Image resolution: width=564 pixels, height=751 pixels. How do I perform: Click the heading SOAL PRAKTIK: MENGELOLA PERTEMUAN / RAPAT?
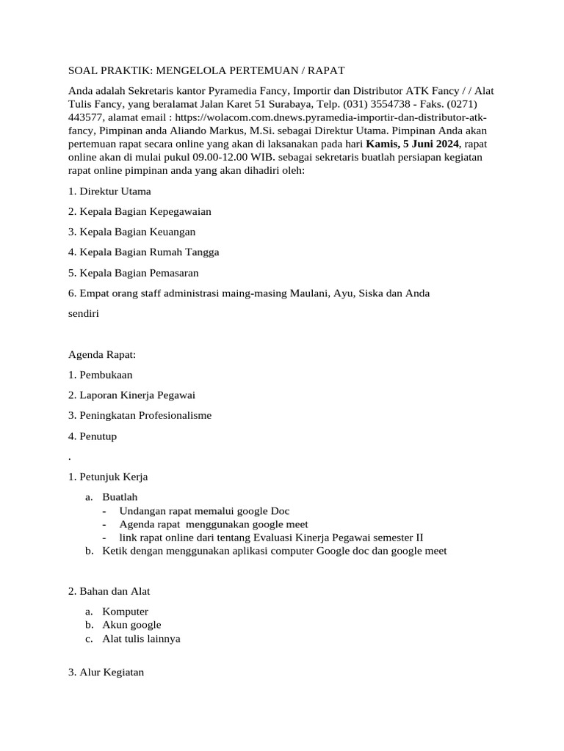206,70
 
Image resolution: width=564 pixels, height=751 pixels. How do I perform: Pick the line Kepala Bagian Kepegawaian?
145,211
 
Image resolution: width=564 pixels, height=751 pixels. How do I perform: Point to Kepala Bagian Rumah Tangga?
149,252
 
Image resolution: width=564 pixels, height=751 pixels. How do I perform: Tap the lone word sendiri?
84,312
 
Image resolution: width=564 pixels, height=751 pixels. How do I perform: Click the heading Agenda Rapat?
102,355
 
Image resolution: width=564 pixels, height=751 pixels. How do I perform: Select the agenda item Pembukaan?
111,375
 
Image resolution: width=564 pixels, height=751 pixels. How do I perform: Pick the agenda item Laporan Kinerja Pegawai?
137,395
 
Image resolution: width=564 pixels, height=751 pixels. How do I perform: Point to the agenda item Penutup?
98,436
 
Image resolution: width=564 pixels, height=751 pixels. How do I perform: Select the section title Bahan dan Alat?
114,591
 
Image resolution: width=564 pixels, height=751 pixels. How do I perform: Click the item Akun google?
131,625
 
